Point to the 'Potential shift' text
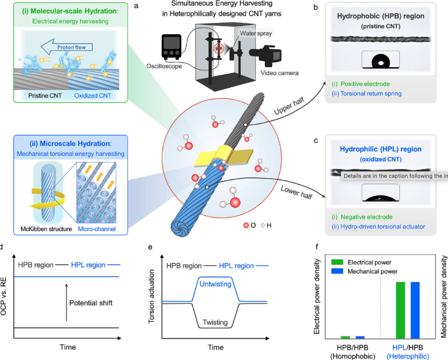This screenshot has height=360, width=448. (x=91, y=303)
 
